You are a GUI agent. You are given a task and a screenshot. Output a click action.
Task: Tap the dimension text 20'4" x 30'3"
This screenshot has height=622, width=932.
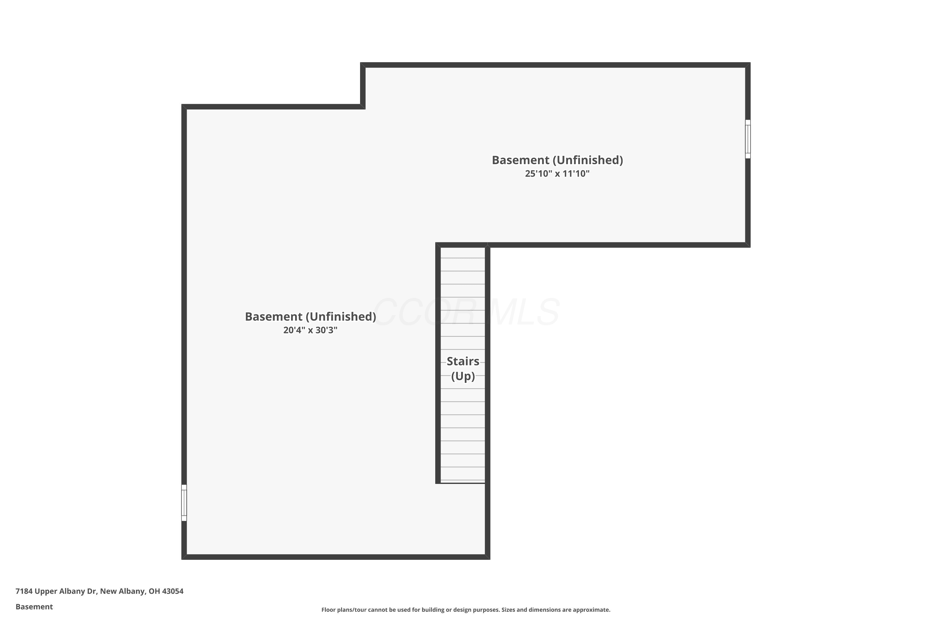[x=310, y=330]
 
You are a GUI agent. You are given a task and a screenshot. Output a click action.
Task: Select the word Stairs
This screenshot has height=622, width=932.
[x=463, y=361]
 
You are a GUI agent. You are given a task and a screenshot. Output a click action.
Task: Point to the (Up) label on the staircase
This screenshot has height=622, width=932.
[x=463, y=376]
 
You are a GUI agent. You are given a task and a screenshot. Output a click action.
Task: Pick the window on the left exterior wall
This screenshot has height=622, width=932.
[x=184, y=503]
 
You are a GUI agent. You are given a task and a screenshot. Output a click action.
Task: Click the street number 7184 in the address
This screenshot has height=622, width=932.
[x=24, y=591]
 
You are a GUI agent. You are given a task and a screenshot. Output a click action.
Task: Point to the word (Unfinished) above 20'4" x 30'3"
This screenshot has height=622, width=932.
[x=340, y=317]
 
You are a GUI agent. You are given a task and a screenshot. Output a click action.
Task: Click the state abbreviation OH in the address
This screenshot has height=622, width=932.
[x=154, y=591]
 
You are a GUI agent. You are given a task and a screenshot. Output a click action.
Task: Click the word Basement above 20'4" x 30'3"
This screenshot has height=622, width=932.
[x=273, y=317]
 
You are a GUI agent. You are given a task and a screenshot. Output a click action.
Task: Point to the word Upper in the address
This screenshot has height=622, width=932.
[x=45, y=592]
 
